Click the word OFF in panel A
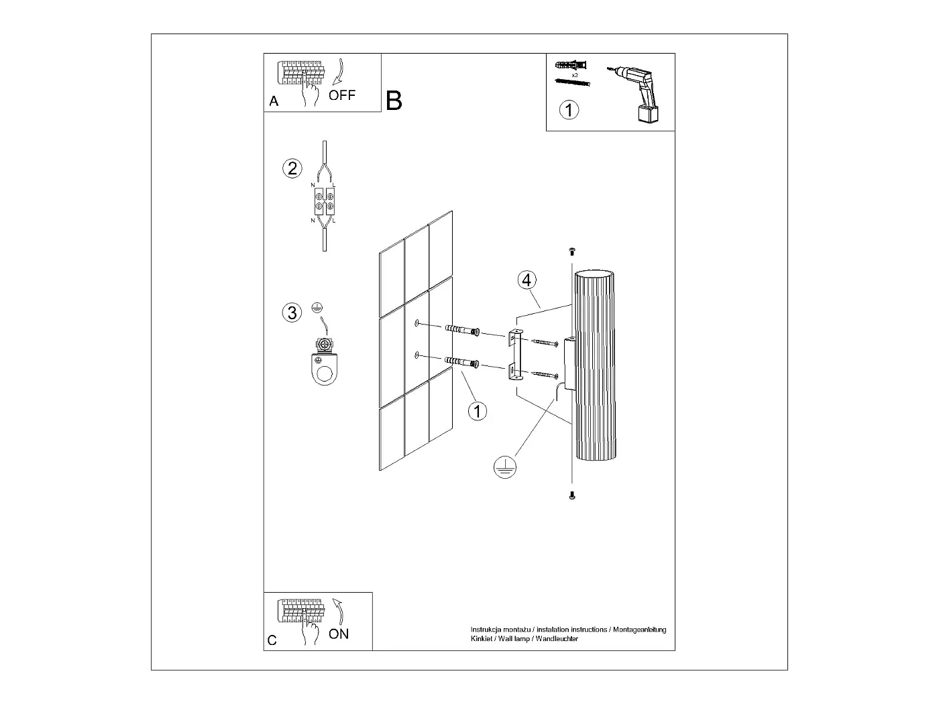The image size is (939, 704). point(341,95)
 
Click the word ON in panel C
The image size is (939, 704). point(339,634)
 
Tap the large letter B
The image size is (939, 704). point(394,101)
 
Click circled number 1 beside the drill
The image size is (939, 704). point(569,109)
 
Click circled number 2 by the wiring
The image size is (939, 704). point(292,168)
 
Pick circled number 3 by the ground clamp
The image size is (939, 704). point(292,312)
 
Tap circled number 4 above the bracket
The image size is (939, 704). point(527,280)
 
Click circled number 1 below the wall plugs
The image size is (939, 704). point(477,410)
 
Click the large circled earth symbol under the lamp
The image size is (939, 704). point(504,467)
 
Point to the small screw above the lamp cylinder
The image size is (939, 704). point(572,251)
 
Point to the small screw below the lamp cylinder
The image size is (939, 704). point(572,495)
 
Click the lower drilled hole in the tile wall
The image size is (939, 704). point(417,354)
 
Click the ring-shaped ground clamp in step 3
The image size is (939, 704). point(325,368)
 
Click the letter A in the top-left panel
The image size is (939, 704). point(274,102)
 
